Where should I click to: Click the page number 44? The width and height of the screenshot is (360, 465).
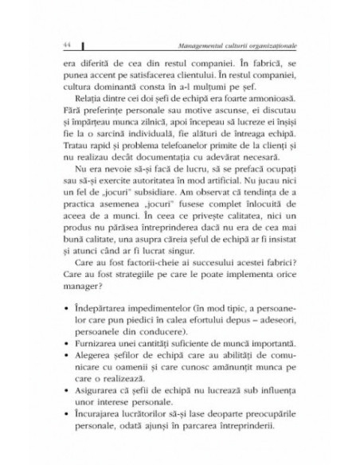(x=54, y=42)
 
